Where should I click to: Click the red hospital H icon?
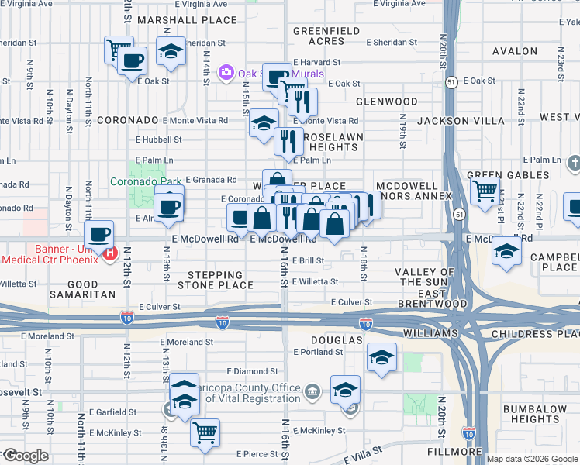110,253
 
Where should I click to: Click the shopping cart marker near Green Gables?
485,189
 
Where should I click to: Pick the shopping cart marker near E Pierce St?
205,432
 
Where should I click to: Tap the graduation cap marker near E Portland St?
381,357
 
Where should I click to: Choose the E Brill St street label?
308,261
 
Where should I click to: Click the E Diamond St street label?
252,371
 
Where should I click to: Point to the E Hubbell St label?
158,140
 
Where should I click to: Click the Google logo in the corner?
25,456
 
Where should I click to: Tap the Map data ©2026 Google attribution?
531,459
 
